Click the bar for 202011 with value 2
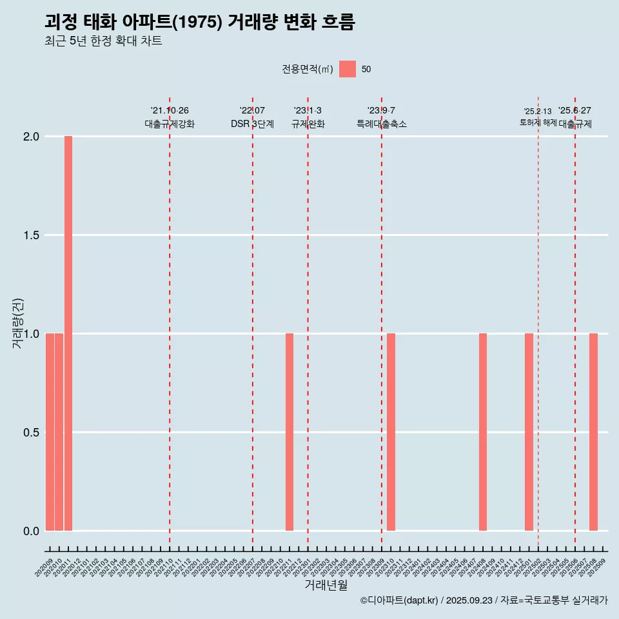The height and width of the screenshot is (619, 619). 68,333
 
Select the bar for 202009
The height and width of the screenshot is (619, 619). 50,432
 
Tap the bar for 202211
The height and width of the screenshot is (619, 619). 290,432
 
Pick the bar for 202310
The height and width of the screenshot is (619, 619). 391,432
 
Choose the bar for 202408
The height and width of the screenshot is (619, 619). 483,432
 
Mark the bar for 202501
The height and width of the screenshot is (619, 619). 529,432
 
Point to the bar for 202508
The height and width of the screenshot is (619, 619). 593,432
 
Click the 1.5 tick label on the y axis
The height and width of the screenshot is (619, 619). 31,235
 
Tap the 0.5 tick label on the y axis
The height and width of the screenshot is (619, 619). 31,433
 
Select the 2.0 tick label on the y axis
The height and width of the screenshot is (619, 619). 31,137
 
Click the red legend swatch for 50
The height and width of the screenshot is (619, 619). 348,69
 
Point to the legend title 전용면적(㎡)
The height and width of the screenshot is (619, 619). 307,69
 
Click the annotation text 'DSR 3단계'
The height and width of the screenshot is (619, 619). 252,124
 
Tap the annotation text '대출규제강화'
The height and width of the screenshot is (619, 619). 170,124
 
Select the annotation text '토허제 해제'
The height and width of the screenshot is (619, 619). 538,123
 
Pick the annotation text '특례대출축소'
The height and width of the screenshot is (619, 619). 382,124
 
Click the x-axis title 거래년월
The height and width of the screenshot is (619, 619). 326,585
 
